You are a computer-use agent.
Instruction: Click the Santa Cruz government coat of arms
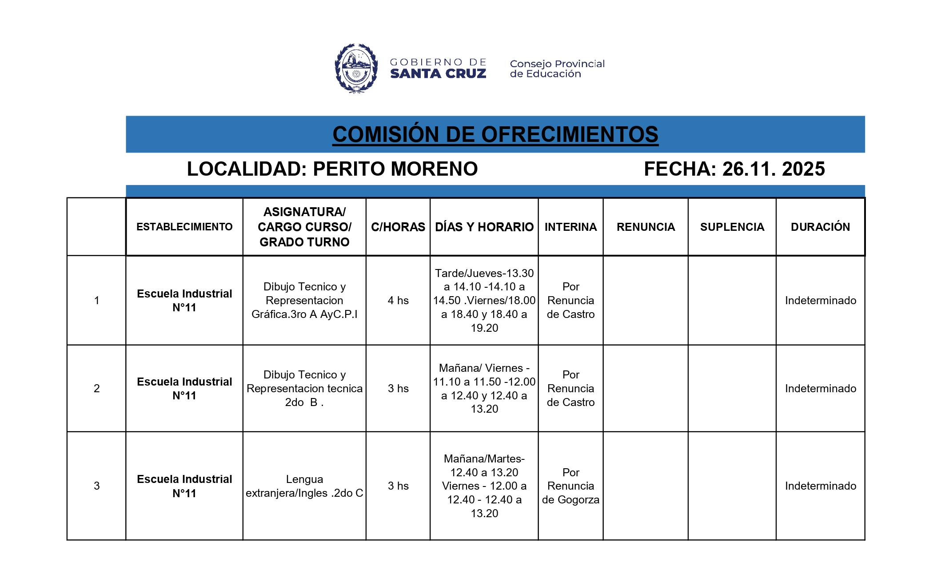[356, 68]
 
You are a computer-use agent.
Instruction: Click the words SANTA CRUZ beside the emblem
[438, 74]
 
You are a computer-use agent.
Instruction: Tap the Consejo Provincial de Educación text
[557, 68]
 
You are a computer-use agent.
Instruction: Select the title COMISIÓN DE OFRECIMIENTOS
[495, 134]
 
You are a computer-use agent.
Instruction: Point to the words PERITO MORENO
[395, 169]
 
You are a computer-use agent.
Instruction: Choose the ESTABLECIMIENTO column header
[184, 227]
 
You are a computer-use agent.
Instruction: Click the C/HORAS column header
[398, 227]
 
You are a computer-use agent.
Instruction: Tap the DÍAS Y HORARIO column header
[484, 227]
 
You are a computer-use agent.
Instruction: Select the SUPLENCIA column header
[732, 227]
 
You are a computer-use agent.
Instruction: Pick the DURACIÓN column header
[820, 227]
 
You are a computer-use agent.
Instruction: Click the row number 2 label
[96, 388]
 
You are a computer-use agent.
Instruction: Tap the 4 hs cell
[398, 300]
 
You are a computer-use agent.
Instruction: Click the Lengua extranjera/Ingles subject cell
[304, 486]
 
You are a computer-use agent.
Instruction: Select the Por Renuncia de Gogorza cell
[570, 486]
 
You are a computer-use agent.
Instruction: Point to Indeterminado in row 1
[820, 300]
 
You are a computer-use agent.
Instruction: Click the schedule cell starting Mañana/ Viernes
[484, 388]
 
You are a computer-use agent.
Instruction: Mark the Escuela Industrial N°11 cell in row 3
[184, 486]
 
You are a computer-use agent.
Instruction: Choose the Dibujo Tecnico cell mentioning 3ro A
[304, 300]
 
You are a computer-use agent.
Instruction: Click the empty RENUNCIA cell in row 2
[645, 388]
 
